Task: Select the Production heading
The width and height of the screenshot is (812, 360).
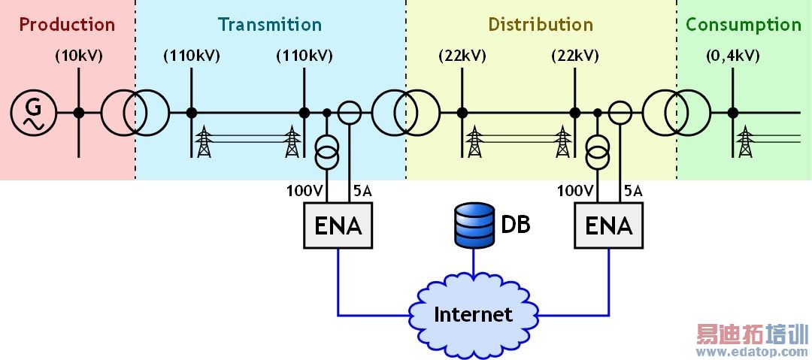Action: (x=67, y=24)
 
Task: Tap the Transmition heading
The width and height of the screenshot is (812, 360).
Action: (x=270, y=24)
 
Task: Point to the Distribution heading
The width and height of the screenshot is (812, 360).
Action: (x=541, y=24)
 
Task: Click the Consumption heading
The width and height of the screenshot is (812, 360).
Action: (x=744, y=24)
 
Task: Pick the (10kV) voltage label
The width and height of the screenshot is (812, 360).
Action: (x=79, y=56)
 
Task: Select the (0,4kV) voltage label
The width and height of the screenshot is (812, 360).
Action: (x=732, y=56)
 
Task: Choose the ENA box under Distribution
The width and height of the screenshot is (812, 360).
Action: (x=608, y=225)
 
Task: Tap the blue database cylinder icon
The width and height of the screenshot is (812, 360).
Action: (x=473, y=225)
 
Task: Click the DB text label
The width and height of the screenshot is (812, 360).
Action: (x=516, y=224)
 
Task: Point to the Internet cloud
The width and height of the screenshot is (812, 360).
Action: (x=473, y=313)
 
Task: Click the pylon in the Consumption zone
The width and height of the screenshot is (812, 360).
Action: (x=745, y=142)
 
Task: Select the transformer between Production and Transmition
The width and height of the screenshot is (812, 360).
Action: (x=135, y=113)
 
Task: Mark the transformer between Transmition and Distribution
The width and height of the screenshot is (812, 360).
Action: (x=406, y=113)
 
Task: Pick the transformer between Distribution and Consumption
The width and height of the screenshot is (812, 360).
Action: (x=677, y=113)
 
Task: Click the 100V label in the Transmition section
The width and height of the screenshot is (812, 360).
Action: (x=304, y=192)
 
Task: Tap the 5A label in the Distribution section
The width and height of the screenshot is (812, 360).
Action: (x=633, y=192)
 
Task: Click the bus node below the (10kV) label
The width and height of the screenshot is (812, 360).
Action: (x=79, y=113)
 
